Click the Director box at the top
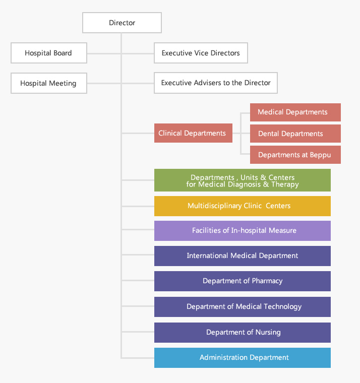point(122,23)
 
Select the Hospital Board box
point(48,53)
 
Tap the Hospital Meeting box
point(48,83)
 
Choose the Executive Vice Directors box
point(201,53)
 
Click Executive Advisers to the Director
point(216,83)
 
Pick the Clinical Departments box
point(193,133)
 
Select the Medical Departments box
point(295,112)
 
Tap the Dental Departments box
point(295,134)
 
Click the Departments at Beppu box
point(295,155)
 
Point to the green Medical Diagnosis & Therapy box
point(243,180)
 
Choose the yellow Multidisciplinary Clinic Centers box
point(243,206)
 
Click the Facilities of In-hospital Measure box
point(243,230)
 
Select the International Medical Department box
point(243,256)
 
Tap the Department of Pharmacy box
point(243,281)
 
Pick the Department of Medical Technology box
point(243,306)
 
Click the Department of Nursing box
point(243,332)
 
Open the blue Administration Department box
point(243,357)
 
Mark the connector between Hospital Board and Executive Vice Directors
point(121,53)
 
